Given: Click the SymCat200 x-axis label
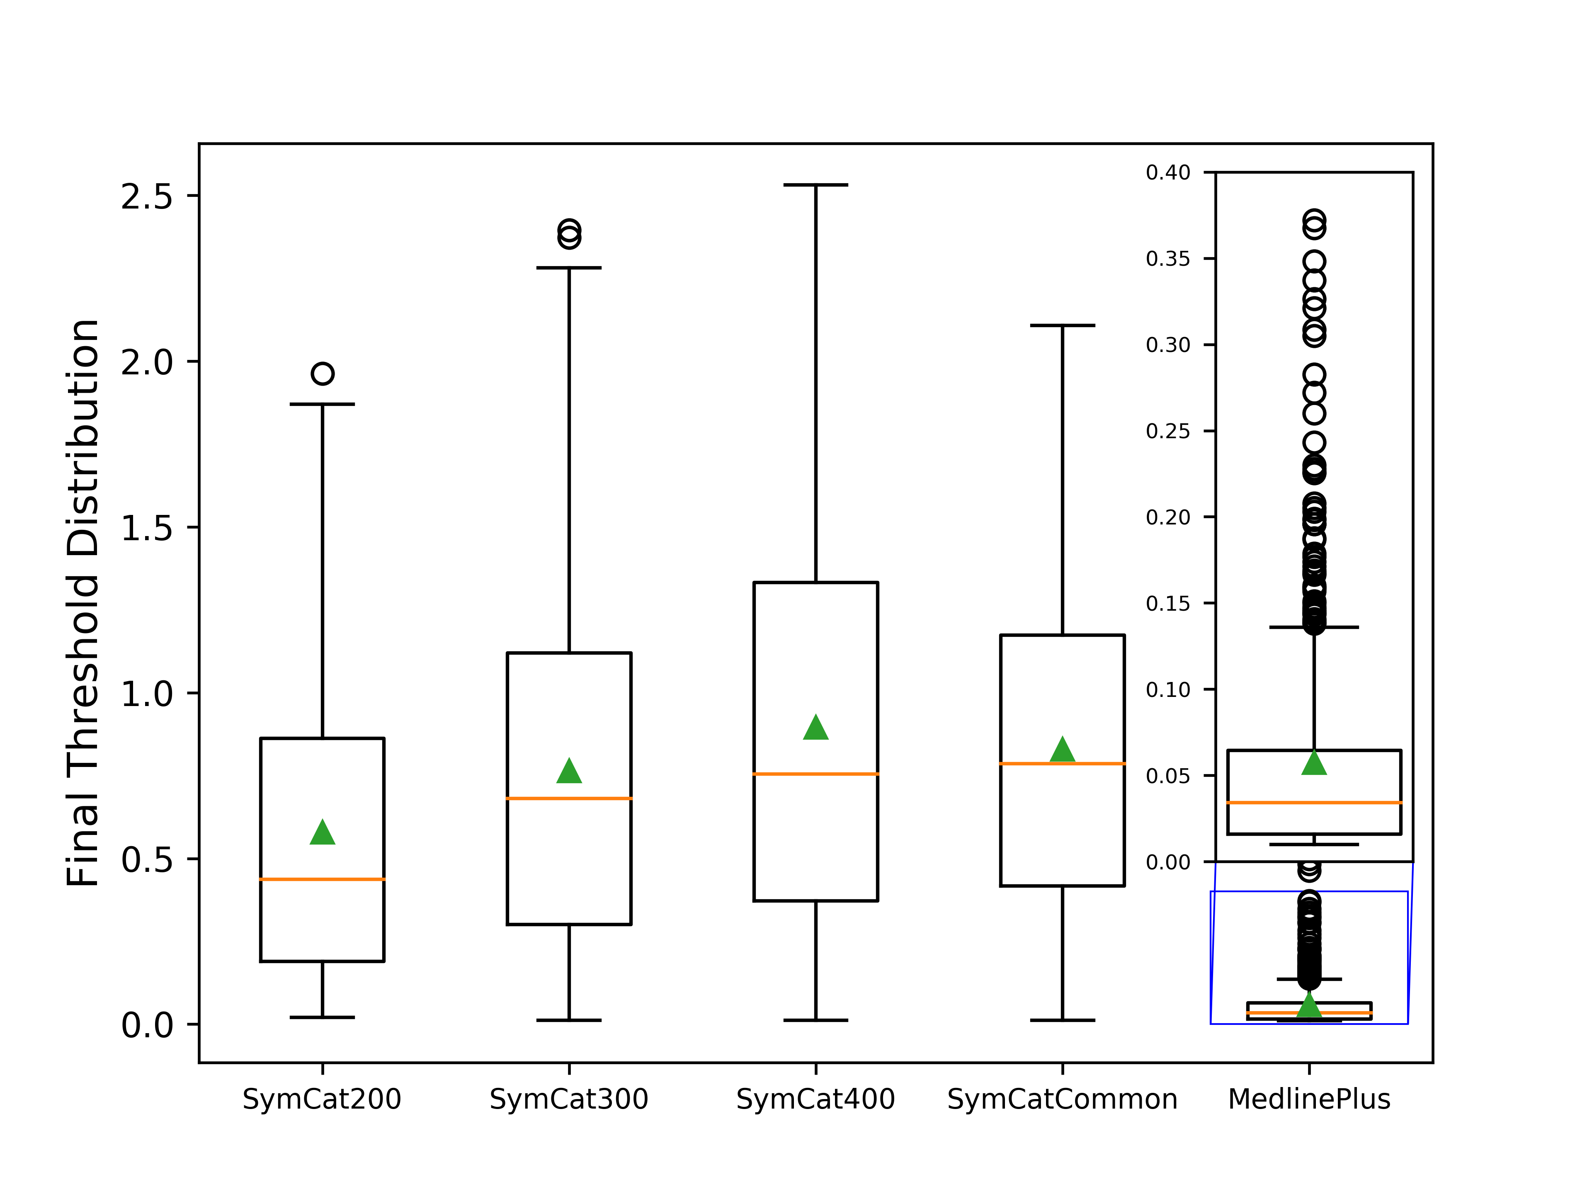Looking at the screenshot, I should [322, 1099].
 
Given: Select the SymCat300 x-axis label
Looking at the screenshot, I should [568, 1099].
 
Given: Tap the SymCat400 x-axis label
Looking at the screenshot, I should [815, 1099].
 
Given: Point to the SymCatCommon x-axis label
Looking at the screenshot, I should [1062, 1099].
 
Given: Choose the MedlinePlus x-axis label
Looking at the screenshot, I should [1309, 1099].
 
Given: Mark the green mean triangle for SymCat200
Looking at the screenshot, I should [323, 833].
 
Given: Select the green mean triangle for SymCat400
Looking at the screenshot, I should [815, 728].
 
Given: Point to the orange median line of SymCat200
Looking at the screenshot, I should [323, 879].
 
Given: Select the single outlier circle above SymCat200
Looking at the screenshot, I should [323, 374].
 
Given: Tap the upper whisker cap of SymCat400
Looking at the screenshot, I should [815, 185].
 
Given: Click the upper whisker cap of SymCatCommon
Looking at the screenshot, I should [1062, 325].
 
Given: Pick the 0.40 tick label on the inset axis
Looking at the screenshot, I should [1168, 173].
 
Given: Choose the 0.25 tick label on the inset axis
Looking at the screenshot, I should [1168, 431].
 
